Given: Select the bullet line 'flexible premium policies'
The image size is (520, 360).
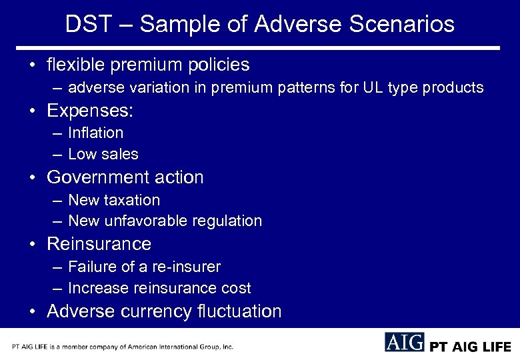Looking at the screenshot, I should tap(148, 65).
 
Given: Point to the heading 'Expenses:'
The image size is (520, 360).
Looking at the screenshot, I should tap(89, 111).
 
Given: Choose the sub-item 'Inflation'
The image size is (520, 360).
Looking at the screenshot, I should tap(95, 133).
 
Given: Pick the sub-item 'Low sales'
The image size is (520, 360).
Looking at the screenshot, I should tap(103, 154).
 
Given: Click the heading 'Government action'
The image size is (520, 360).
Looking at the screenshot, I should tap(125, 177).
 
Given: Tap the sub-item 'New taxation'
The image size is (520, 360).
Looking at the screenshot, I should tap(113, 200).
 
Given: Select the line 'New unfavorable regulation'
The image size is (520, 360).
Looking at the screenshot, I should tap(165, 221).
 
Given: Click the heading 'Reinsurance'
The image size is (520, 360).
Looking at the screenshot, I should tap(99, 244).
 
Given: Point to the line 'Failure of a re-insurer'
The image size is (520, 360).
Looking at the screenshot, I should tap(144, 267).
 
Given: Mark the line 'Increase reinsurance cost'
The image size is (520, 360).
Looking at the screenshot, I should tap(159, 289).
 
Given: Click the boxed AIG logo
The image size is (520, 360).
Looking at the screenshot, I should tap(404, 342).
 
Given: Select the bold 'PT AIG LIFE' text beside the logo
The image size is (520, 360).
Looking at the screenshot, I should tap(471, 347).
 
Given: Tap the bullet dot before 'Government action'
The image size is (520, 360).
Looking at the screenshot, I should tap(33, 178).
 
